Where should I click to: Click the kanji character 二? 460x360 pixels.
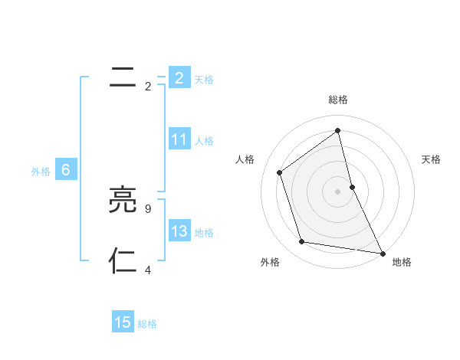coord(123,77)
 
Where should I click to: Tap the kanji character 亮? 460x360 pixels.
coord(123,201)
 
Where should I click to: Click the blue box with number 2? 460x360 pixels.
coord(179,77)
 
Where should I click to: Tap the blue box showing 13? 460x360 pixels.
coord(179,231)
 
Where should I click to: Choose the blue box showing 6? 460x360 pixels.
coord(66,170)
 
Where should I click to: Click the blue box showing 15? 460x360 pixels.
coord(123,322)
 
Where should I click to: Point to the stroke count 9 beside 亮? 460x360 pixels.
coord(147,208)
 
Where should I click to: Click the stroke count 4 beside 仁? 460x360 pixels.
coord(147,269)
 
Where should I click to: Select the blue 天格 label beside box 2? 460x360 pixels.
coord(204,79)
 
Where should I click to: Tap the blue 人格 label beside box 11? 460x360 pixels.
coord(204,140)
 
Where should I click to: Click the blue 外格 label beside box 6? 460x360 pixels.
coord(41,172)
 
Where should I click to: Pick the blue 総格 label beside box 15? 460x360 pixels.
coord(147,324)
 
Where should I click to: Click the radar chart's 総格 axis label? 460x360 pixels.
coord(338,100)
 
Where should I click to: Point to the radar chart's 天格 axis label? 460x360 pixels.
coord(432,159)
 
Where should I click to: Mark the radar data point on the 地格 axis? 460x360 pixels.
coord(382,253)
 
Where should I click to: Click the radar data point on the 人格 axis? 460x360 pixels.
coord(280,172)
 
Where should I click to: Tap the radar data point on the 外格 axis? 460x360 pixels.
coord(302,242)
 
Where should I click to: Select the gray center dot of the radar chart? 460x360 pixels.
coord(338,191)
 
